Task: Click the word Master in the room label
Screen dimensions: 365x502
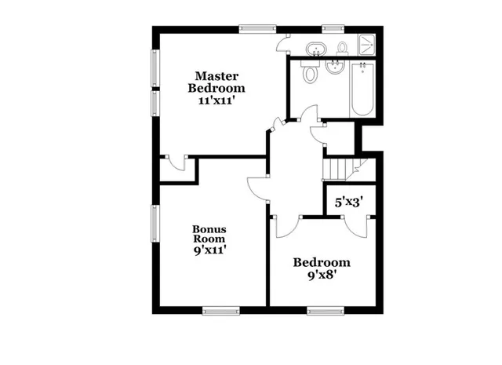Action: tap(216, 76)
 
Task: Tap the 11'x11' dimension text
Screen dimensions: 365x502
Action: tap(216, 100)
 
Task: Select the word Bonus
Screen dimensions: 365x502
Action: tap(209, 229)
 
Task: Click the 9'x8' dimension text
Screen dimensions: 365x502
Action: tap(322, 275)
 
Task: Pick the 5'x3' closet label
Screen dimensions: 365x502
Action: tap(348, 202)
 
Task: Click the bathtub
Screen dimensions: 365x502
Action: tap(362, 89)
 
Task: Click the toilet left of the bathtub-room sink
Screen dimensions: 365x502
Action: tap(311, 74)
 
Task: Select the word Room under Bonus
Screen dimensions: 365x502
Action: tap(209, 239)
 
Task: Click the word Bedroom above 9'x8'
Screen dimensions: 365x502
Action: tap(322, 262)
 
